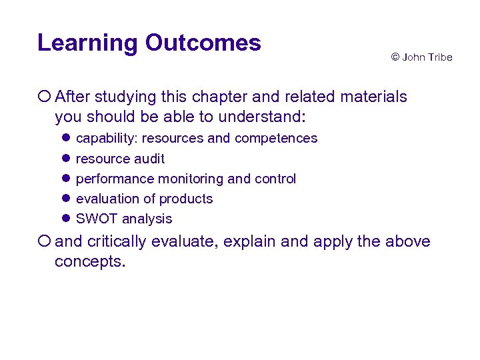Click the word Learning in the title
coord(87,43)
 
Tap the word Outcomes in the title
coord(203,43)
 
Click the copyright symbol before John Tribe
coord(395,57)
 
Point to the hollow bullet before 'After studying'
coord(44,97)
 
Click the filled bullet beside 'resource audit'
coord(67,159)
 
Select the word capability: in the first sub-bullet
coord(107,139)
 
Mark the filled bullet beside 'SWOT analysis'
coord(67,219)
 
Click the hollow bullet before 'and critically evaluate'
coord(44,241)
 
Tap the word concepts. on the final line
coord(90,261)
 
